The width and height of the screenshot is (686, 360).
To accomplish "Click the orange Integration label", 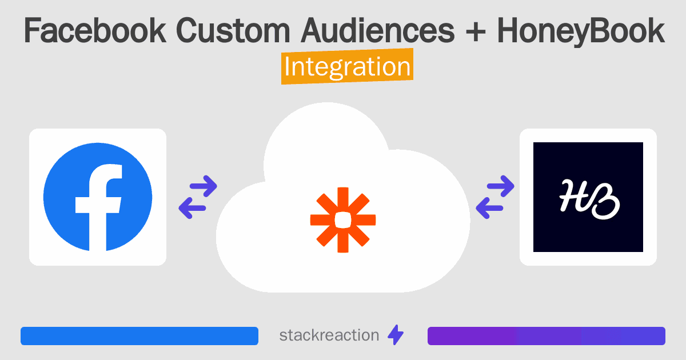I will pos(347,67).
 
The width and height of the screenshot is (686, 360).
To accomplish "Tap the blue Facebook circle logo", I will pos(98,197).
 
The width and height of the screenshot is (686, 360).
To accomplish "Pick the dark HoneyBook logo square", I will pos(588,197).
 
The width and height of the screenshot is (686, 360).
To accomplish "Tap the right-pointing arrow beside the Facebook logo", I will pos(203,186).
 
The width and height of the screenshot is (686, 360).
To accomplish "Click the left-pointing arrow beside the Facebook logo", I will pos(192,208).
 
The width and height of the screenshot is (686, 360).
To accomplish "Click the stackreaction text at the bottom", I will pos(329,335).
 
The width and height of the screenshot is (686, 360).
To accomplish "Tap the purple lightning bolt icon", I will pos(396,335).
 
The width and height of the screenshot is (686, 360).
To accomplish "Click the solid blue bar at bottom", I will pos(139,336).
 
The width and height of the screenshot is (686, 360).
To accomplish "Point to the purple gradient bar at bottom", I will pos(546,336).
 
